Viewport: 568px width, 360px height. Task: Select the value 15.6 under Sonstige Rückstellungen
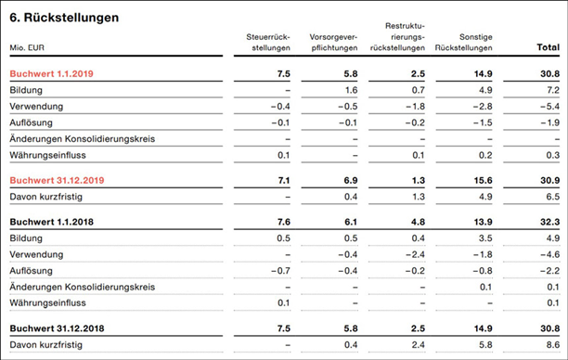click(484, 180)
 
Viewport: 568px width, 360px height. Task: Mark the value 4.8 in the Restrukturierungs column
click(418, 223)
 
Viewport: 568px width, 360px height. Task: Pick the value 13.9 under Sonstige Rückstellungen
click(484, 223)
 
